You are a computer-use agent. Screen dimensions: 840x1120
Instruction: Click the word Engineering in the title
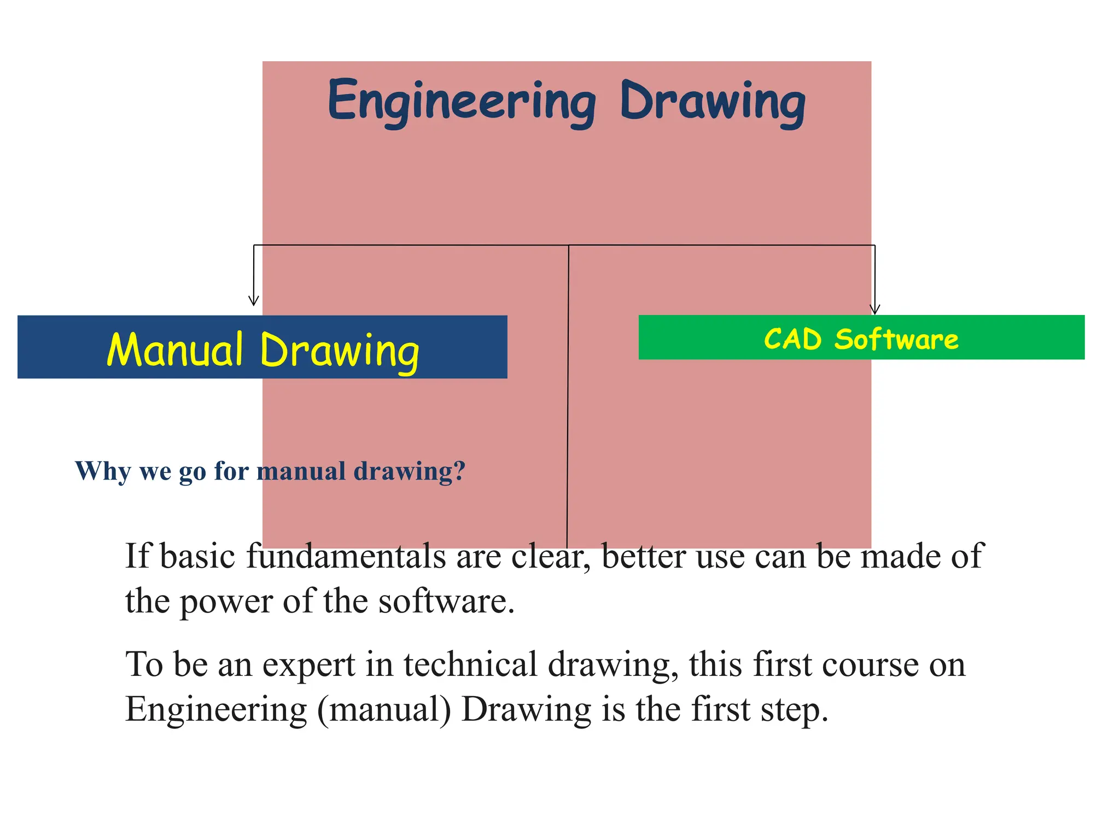[x=462, y=102]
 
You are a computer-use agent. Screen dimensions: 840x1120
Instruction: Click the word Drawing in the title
[x=713, y=102]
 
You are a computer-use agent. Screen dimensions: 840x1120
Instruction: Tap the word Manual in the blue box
[x=175, y=349]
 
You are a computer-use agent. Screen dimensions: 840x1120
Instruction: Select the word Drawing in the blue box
[x=340, y=351]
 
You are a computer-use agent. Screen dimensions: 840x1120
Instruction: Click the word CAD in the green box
[x=792, y=339]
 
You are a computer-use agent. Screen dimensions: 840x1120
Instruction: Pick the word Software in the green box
[x=896, y=339]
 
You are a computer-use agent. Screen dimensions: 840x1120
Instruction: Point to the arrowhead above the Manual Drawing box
[x=253, y=301]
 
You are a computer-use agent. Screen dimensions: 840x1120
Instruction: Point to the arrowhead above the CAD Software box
[x=874, y=310]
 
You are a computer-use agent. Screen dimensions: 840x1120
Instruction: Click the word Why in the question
[x=103, y=471]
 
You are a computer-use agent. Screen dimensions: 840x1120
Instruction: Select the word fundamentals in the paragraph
[x=346, y=556]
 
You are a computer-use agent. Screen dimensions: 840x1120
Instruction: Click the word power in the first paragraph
[x=226, y=602]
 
